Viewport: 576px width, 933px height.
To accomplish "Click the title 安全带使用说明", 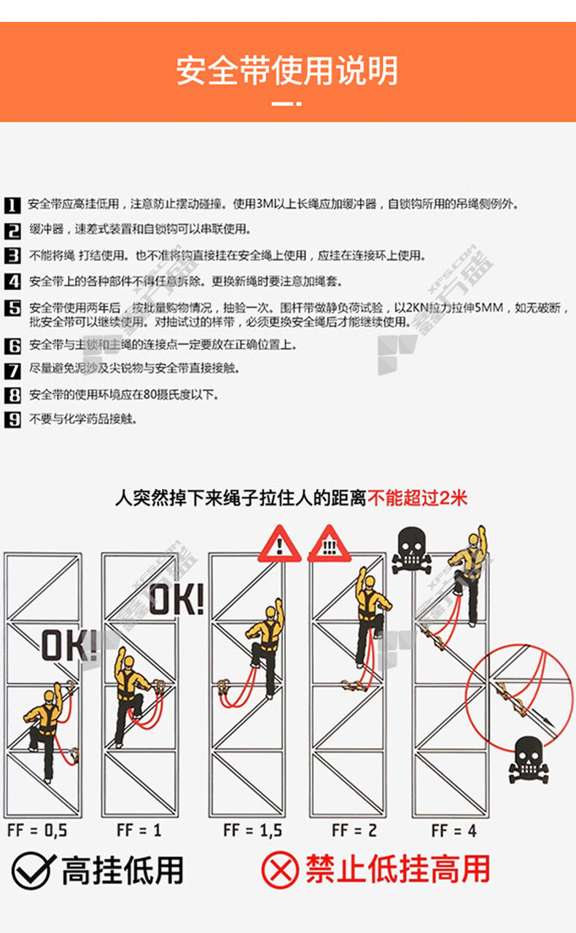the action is [x=287, y=71].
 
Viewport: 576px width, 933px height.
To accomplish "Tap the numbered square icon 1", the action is [x=12, y=206].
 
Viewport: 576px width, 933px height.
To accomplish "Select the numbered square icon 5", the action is [x=12, y=308].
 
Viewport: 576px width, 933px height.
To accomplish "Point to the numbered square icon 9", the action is [x=12, y=420].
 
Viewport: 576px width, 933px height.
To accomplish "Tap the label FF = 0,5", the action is [x=37, y=830].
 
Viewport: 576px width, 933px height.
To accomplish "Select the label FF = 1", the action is [x=139, y=830].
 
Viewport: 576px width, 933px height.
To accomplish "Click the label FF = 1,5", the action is [x=252, y=830].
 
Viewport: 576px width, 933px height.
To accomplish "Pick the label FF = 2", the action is [x=354, y=830].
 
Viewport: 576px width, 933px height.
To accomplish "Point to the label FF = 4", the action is [x=454, y=830].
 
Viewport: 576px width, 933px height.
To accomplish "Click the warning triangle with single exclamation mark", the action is [x=280, y=544].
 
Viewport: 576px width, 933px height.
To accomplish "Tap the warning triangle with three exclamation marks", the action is [x=330, y=544].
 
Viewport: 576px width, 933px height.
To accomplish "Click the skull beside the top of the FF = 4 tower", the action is [x=411, y=550].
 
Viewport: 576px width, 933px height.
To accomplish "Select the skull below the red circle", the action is [x=529, y=760].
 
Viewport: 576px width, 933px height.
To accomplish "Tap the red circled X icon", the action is [x=280, y=870].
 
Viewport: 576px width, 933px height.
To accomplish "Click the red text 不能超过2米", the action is [x=417, y=498].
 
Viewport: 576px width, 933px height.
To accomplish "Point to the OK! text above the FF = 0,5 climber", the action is [x=69, y=645].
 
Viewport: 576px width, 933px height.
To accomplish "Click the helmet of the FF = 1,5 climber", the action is [x=271, y=612].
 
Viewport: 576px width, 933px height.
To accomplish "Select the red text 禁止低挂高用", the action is [x=398, y=870].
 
